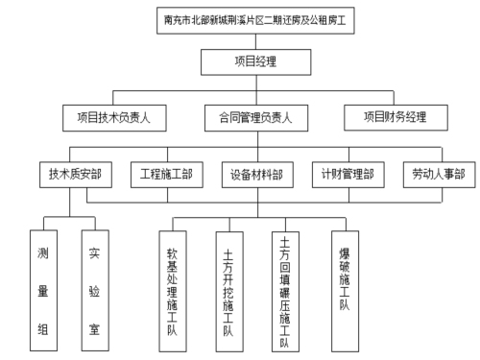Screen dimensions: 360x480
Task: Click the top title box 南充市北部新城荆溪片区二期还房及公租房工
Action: pos(254,18)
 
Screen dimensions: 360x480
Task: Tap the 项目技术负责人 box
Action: pos(122,118)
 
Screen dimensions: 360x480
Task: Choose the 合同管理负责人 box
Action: pos(255,118)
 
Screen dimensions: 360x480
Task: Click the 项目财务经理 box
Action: pos(396,118)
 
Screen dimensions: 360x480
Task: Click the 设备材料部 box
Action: pos(256,175)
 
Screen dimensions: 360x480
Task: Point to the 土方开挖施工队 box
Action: pos(228,279)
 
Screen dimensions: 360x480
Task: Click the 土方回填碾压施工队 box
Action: pos(285,279)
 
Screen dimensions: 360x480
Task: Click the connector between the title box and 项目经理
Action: pos(255,41)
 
